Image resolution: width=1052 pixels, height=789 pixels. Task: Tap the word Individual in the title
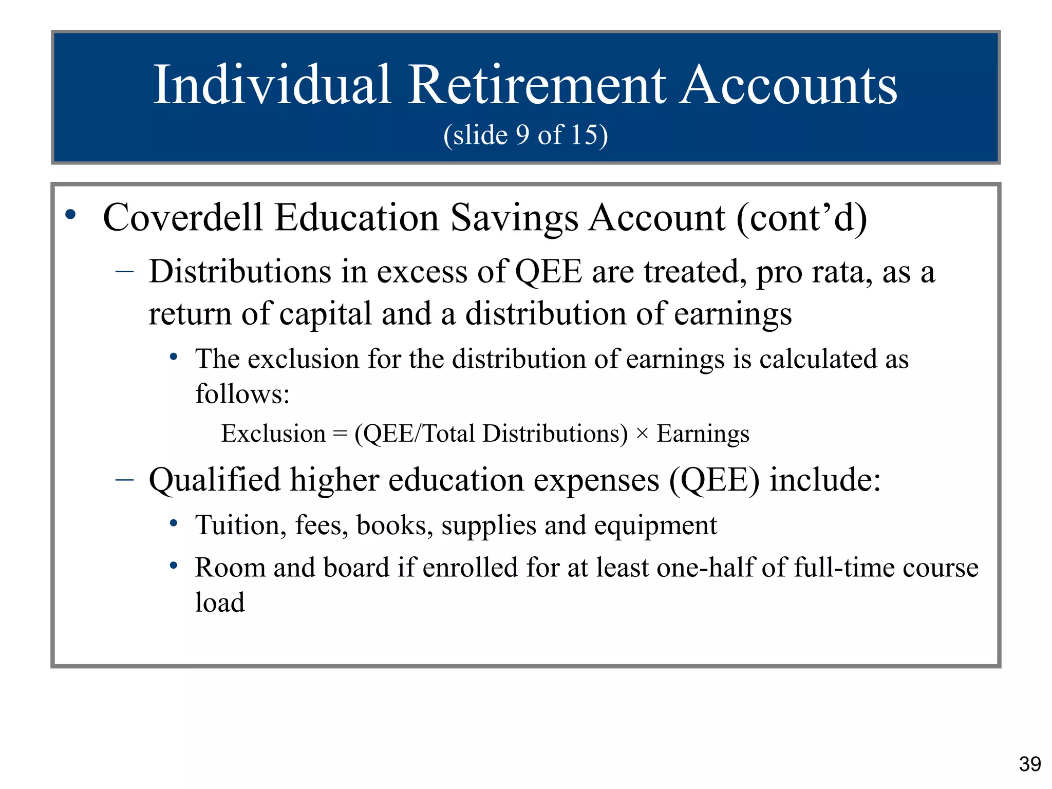pyautogui.click(x=272, y=85)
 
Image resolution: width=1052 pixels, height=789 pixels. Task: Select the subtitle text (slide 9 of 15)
pyautogui.click(x=525, y=135)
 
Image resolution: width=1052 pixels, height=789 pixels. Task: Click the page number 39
pyautogui.click(x=1030, y=764)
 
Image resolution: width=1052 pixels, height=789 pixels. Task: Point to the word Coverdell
pyautogui.click(x=183, y=218)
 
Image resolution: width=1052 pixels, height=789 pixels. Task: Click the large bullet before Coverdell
pyautogui.click(x=71, y=215)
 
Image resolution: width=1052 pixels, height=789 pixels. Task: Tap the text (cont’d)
pyautogui.click(x=801, y=218)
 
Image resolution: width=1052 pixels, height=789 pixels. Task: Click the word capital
pyautogui.click(x=325, y=314)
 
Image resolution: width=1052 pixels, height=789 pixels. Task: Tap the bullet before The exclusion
pyautogui.click(x=174, y=356)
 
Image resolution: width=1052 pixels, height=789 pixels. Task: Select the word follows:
pyautogui.click(x=242, y=394)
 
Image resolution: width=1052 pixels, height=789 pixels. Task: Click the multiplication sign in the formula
pyautogui.click(x=642, y=434)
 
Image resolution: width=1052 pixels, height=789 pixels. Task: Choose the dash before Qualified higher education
pyautogui.click(x=125, y=479)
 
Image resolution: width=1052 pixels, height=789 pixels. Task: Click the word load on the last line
pyautogui.click(x=220, y=603)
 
